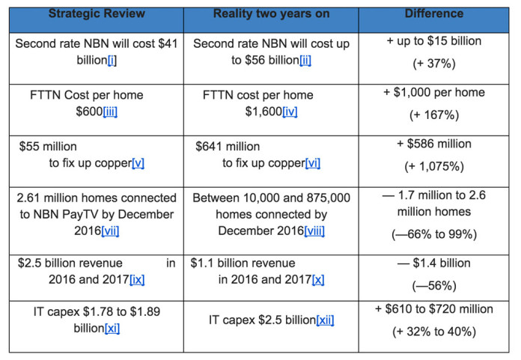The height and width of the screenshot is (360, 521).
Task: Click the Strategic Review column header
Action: point(97,13)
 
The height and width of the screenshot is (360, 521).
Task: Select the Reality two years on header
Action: point(270,13)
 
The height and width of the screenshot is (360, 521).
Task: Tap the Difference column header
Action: point(434,13)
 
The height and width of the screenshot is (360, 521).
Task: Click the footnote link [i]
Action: point(111,60)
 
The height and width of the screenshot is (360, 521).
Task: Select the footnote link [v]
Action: point(138,163)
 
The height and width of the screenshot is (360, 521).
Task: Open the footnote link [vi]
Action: point(312,163)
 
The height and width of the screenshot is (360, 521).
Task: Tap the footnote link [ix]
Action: point(137,279)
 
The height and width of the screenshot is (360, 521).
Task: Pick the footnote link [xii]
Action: point(324,320)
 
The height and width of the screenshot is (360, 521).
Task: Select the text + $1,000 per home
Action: point(434,94)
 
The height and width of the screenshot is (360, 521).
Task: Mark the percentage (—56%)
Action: point(434,286)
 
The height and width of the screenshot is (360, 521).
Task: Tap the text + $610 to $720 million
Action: point(434,309)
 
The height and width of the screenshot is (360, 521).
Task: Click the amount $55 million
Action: point(48,147)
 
